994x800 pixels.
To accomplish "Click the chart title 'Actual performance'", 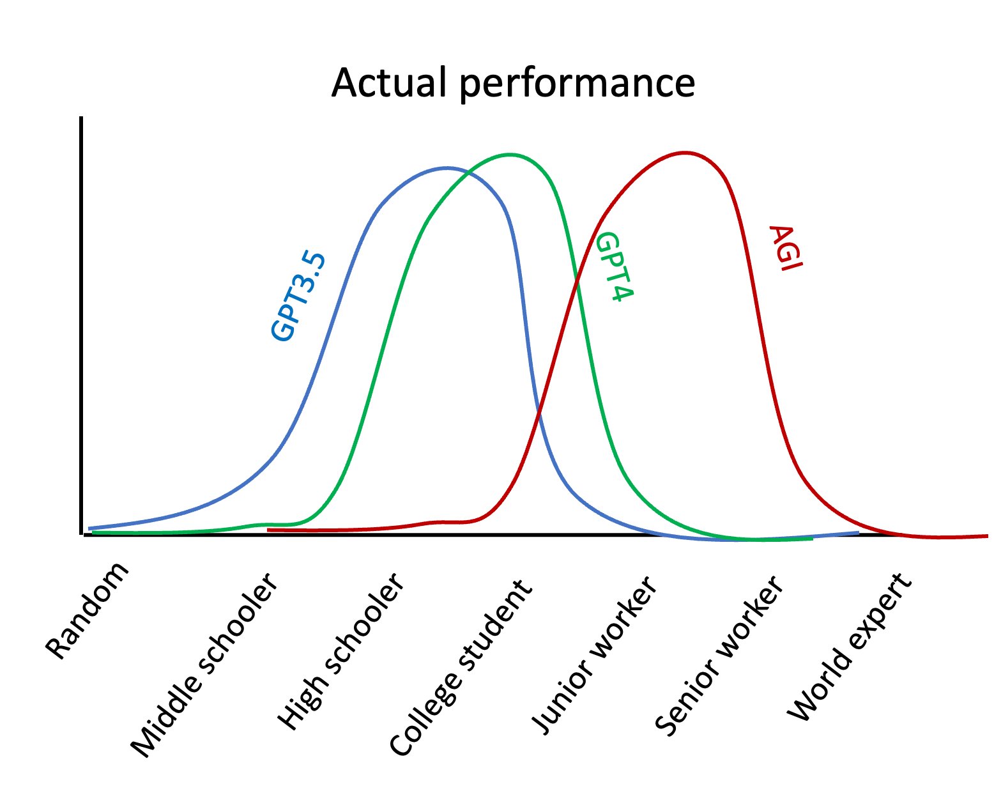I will click(512, 83).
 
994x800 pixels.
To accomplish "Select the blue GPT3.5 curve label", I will click(298, 297).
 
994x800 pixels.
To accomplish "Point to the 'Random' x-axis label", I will click(88, 611).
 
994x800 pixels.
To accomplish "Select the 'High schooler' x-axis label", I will click(341, 652).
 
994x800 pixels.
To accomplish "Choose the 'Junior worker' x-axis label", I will click(594, 656).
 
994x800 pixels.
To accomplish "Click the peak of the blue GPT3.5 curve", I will click(447, 168).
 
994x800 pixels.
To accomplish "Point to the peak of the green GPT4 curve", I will click(510, 155).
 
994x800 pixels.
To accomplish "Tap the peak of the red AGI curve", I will click(685, 153).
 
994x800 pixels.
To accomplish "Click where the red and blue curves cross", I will click(538, 415).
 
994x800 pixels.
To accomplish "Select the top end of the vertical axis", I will click(81, 119).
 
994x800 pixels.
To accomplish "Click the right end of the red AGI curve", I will click(987, 536).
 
